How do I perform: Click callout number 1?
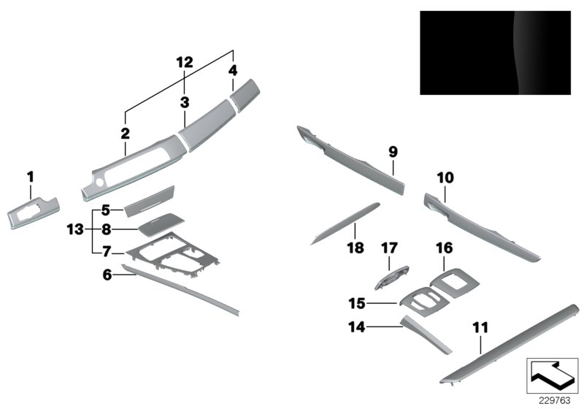[x=31, y=176]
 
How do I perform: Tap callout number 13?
[x=75, y=229]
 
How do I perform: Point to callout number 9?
[x=393, y=152]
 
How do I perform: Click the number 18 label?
[x=355, y=248]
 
